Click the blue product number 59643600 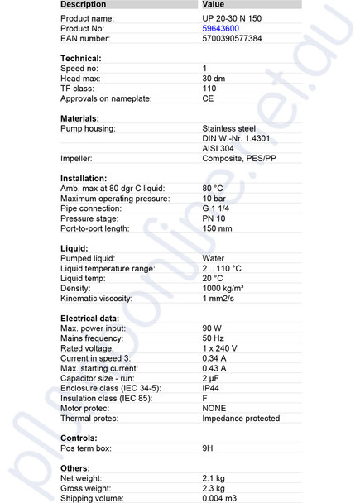pyautogui.click(x=221, y=28)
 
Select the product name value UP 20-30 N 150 pyautogui.click(x=232, y=17)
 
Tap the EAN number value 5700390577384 pyautogui.click(x=232, y=38)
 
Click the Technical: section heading pyautogui.click(x=81, y=58)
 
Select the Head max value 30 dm pyautogui.click(x=215, y=78)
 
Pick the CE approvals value pyautogui.click(x=209, y=98)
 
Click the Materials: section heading pyautogui.click(x=79, y=118)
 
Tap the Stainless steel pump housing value pyautogui.click(x=229, y=128)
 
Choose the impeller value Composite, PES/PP pyautogui.click(x=239, y=158)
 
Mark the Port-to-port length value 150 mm pyautogui.click(x=217, y=228)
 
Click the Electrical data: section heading pyautogui.click(x=90, y=319)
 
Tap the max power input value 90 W pyautogui.click(x=213, y=328)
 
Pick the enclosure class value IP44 pyautogui.click(x=213, y=388)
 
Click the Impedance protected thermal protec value pyautogui.click(x=241, y=418)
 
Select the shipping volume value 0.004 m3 pyautogui.click(x=220, y=498)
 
